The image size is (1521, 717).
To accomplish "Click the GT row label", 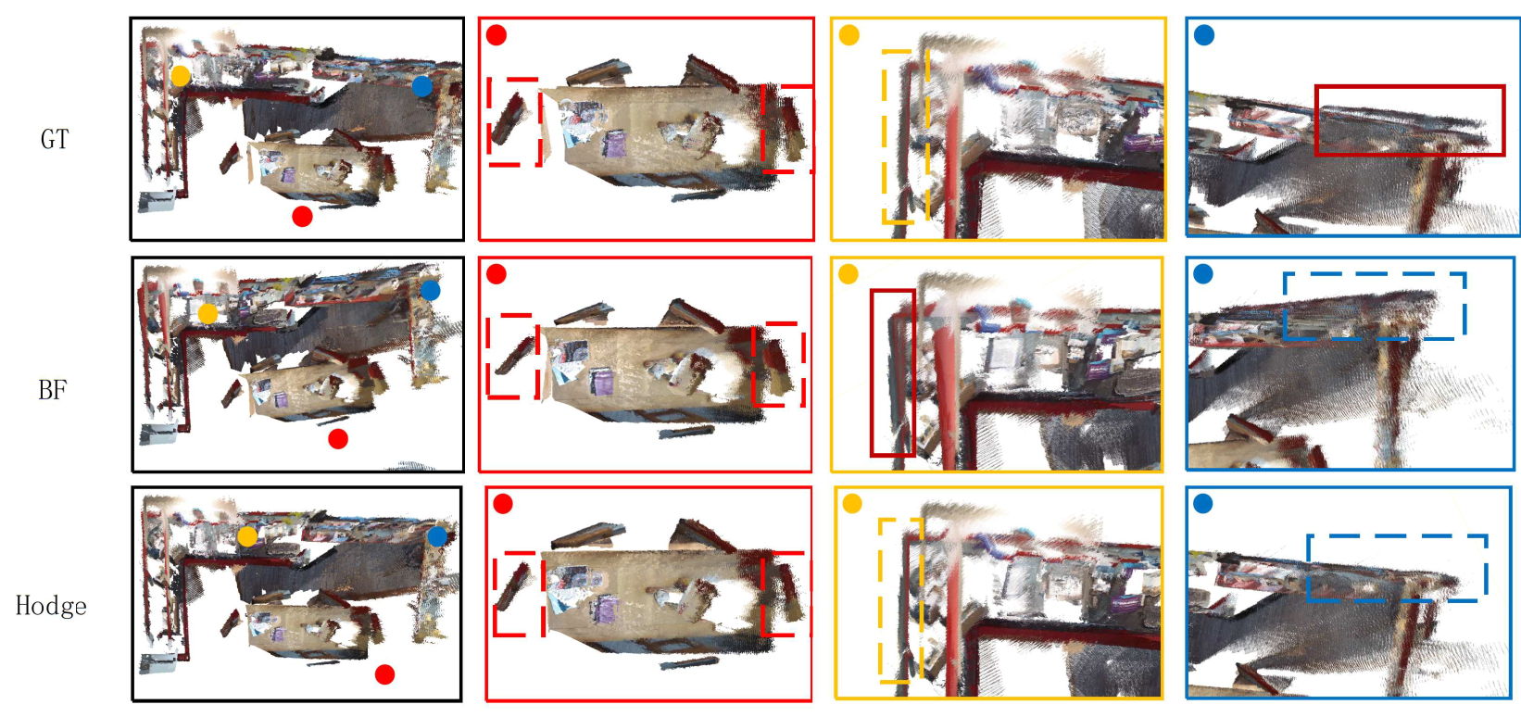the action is (55, 139).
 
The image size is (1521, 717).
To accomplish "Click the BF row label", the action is (53, 390).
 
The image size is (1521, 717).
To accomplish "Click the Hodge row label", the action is (51, 606).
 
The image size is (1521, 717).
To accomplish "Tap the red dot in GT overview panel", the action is (302, 217).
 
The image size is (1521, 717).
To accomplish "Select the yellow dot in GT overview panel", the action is (181, 76).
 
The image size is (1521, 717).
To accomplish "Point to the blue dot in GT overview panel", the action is (421, 86).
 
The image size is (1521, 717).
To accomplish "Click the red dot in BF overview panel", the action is (338, 439).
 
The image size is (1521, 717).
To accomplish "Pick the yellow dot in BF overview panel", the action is (207, 314).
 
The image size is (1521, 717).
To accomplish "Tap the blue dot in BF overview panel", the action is (430, 291).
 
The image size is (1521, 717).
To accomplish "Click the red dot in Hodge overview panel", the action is (385, 674).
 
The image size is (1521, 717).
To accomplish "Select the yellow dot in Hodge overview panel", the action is (247, 537).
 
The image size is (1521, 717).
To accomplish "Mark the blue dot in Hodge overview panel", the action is (437, 536).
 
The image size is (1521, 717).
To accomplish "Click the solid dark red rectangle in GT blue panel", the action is (1316, 120).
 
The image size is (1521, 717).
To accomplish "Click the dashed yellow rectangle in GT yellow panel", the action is (884, 136).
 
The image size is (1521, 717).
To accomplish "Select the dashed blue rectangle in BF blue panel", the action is (1286, 306).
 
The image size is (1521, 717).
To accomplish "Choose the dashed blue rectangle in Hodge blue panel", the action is (1309, 568).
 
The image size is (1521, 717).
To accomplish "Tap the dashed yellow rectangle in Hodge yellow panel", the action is (880, 600).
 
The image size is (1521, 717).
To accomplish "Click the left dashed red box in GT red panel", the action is (489, 121).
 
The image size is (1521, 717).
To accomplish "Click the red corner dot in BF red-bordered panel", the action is (497, 274).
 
